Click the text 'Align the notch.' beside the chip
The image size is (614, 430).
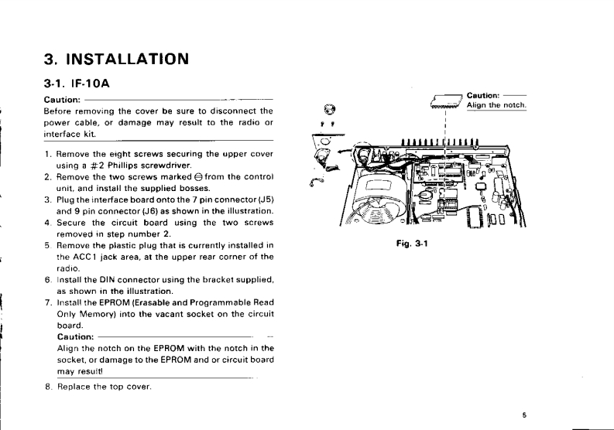[x=496, y=105]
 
